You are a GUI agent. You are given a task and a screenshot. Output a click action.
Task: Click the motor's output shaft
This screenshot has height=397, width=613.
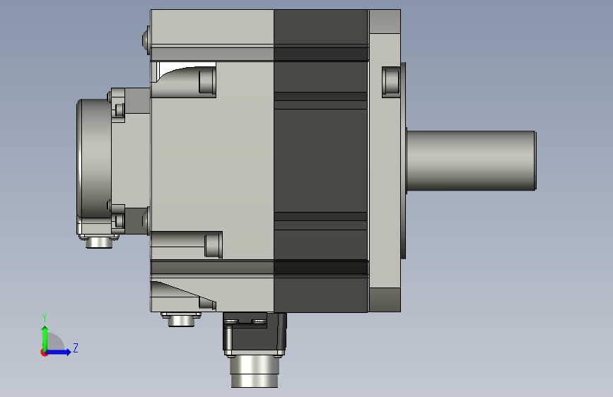click(471, 160)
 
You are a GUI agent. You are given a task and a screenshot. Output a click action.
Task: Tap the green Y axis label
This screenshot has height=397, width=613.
click(45, 318)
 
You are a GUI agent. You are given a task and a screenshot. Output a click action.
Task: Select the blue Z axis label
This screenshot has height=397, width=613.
click(76, 348)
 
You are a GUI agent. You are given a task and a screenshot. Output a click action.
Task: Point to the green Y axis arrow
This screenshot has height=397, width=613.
click(45, 339)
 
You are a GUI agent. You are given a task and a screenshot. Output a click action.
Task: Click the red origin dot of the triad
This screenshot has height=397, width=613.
click(44, 352)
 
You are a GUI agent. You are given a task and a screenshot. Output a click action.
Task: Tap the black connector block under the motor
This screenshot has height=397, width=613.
click(255, 334)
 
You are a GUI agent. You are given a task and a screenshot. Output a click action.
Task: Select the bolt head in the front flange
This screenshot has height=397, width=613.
click(391, 81)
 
